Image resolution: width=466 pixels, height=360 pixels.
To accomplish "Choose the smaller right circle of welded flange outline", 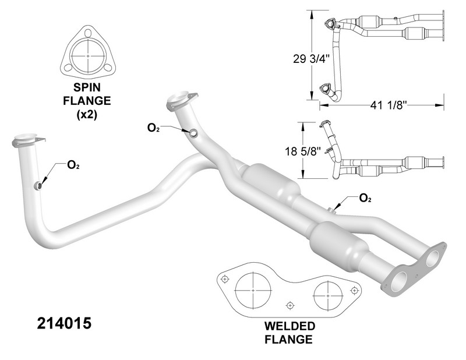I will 327,291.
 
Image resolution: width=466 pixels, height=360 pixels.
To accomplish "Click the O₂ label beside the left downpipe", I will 73,165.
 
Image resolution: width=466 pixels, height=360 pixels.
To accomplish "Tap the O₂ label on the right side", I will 365,198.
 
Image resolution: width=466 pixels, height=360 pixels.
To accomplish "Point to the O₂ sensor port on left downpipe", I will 38,185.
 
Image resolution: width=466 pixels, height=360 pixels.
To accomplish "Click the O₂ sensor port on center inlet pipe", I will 193,133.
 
